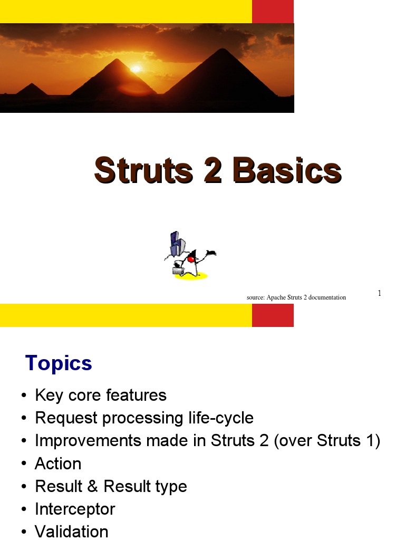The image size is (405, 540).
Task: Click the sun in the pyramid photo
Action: (136, 69)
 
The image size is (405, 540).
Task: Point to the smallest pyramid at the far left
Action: (32, 90)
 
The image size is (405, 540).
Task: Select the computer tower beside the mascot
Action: (176, 245)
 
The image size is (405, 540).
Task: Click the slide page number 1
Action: (379, 293)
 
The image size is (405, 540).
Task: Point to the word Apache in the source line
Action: (276, 297)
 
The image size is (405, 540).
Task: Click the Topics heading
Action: (59, 363)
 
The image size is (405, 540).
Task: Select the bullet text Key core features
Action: (100, 395)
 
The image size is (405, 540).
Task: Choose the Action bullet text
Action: (58, 464)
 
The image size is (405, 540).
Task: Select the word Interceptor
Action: (74, 509)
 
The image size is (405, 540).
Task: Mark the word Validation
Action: (71, 532)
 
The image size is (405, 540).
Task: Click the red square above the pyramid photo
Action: (273, 12)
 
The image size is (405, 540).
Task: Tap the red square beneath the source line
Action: (273, 315)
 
